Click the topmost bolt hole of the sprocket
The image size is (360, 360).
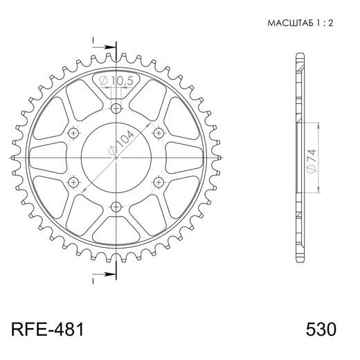pyautogui.click(x=116, y=109)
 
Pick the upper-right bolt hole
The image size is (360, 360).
pyautogui.click(x=158, y=132)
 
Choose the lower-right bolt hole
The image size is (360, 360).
pyautogui.click(x=158, y=181)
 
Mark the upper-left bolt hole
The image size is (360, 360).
pyautogui.click(x=74, y=132)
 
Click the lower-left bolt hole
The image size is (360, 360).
pyautogui.click(x=74, y=181)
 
